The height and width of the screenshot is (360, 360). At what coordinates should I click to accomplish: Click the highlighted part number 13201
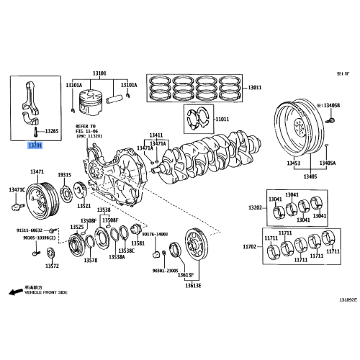[35, 146]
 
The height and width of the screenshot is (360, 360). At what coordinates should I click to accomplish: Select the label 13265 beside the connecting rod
[52, 132]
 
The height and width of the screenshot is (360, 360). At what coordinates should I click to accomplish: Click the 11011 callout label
[222, 119]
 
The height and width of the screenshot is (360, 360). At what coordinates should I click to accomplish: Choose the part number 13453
[293, 163]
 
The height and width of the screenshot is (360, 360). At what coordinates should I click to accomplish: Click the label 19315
[64, 175]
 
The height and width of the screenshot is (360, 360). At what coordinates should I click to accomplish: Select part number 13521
[84, 205]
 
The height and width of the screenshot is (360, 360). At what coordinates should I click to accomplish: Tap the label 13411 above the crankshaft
[156, 135]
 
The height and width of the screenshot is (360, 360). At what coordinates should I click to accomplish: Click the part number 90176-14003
[154, 234]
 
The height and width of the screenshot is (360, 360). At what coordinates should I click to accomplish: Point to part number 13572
[52, 265]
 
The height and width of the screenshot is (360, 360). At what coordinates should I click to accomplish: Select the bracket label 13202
[256, 207]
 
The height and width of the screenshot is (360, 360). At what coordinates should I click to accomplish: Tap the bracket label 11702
[249, 246]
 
